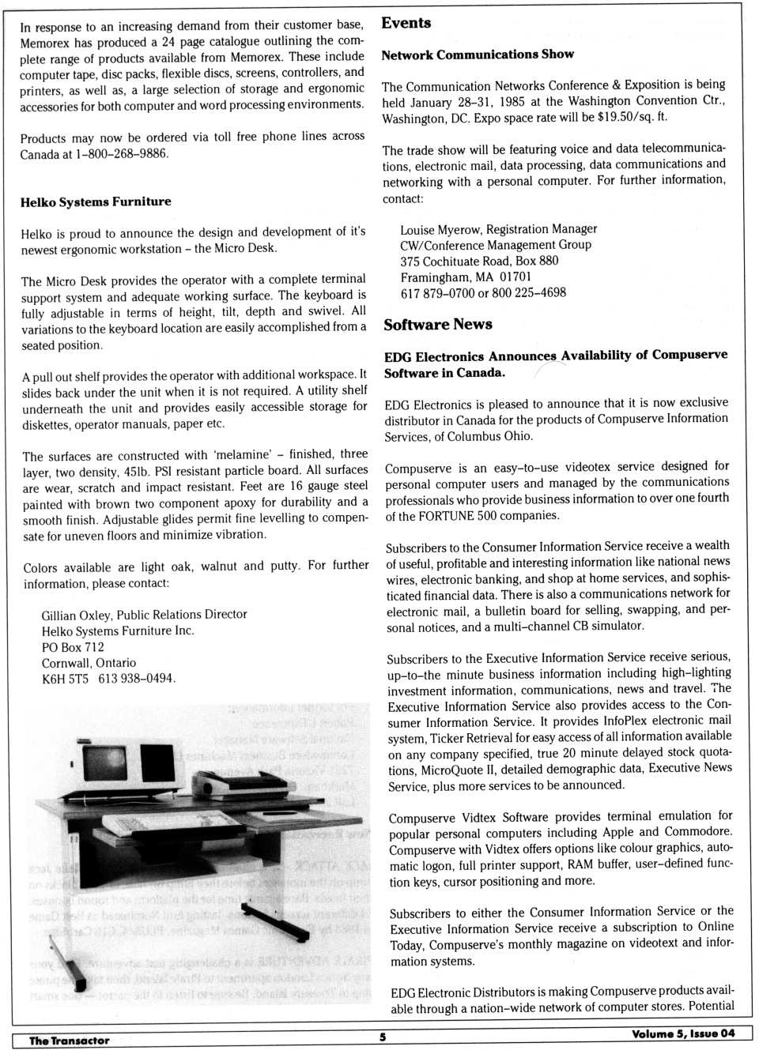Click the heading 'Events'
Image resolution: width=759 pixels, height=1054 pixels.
[x=406, y=23]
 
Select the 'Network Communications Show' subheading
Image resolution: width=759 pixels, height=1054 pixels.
[x=478, y=55]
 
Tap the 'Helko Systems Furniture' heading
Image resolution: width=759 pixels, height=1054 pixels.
[x=96, y=201]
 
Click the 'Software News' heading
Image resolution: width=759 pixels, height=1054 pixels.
[x=438, y=325]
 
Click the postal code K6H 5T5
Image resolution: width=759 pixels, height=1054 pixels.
[x=65, y=679]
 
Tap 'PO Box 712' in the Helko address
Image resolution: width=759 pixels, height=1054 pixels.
[x=73, y=647]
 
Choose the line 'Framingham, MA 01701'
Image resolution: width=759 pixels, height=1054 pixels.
[x=466, y=277]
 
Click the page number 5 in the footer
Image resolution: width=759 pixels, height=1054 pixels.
[x=383, y=1037]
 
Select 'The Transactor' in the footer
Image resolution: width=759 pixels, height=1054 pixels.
[x=70, y=1041]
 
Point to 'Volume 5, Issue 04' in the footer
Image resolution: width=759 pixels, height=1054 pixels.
[x=683, y=1033]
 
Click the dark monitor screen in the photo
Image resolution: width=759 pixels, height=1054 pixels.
[x=105, y=763]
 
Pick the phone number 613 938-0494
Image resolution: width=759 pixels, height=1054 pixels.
[x=136, y=679]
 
